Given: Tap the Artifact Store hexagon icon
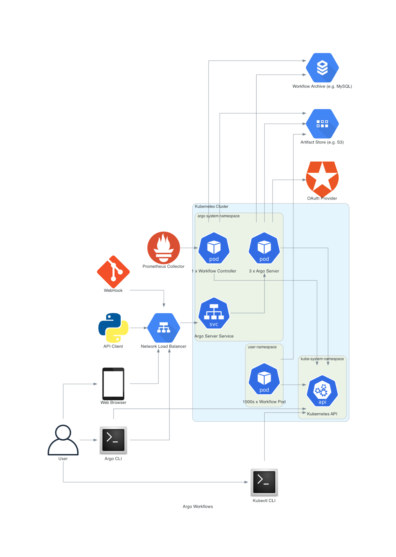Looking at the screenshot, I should pos(322,124).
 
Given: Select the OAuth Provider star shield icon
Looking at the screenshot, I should pos(322,179).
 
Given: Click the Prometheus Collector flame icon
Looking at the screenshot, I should pos(163,248).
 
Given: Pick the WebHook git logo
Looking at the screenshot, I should pos(113,272).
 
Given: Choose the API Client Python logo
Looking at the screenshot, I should pos(113,328).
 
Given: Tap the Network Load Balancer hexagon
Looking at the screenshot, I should pos(163,328).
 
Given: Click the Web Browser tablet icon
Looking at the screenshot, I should pos(113,383).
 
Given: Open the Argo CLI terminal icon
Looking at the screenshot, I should pos(113,440).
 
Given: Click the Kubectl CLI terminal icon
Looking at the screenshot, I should pos(264,482).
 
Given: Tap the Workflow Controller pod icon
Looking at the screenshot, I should pos(214,248).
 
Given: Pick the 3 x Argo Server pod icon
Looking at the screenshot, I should pos(264,248).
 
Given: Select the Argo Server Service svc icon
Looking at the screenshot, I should pos(214,313).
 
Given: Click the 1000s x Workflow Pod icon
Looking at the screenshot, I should pos(264,379).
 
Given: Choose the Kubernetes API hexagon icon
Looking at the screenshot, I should pos(322,391).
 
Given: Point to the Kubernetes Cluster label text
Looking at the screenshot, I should pos(212,206).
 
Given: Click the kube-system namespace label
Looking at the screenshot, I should pos(322,359).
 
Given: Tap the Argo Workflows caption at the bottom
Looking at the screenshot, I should pos(198,507).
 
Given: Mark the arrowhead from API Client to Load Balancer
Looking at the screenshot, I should pos(145,328).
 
